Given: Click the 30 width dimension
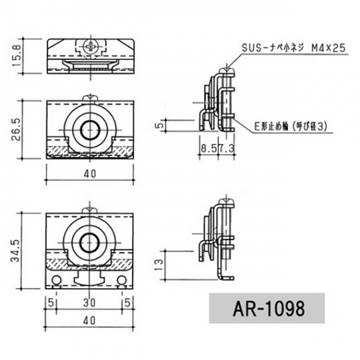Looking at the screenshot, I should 90,301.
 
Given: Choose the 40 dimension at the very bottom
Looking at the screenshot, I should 90,321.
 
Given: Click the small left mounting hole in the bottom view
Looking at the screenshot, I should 57,281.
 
